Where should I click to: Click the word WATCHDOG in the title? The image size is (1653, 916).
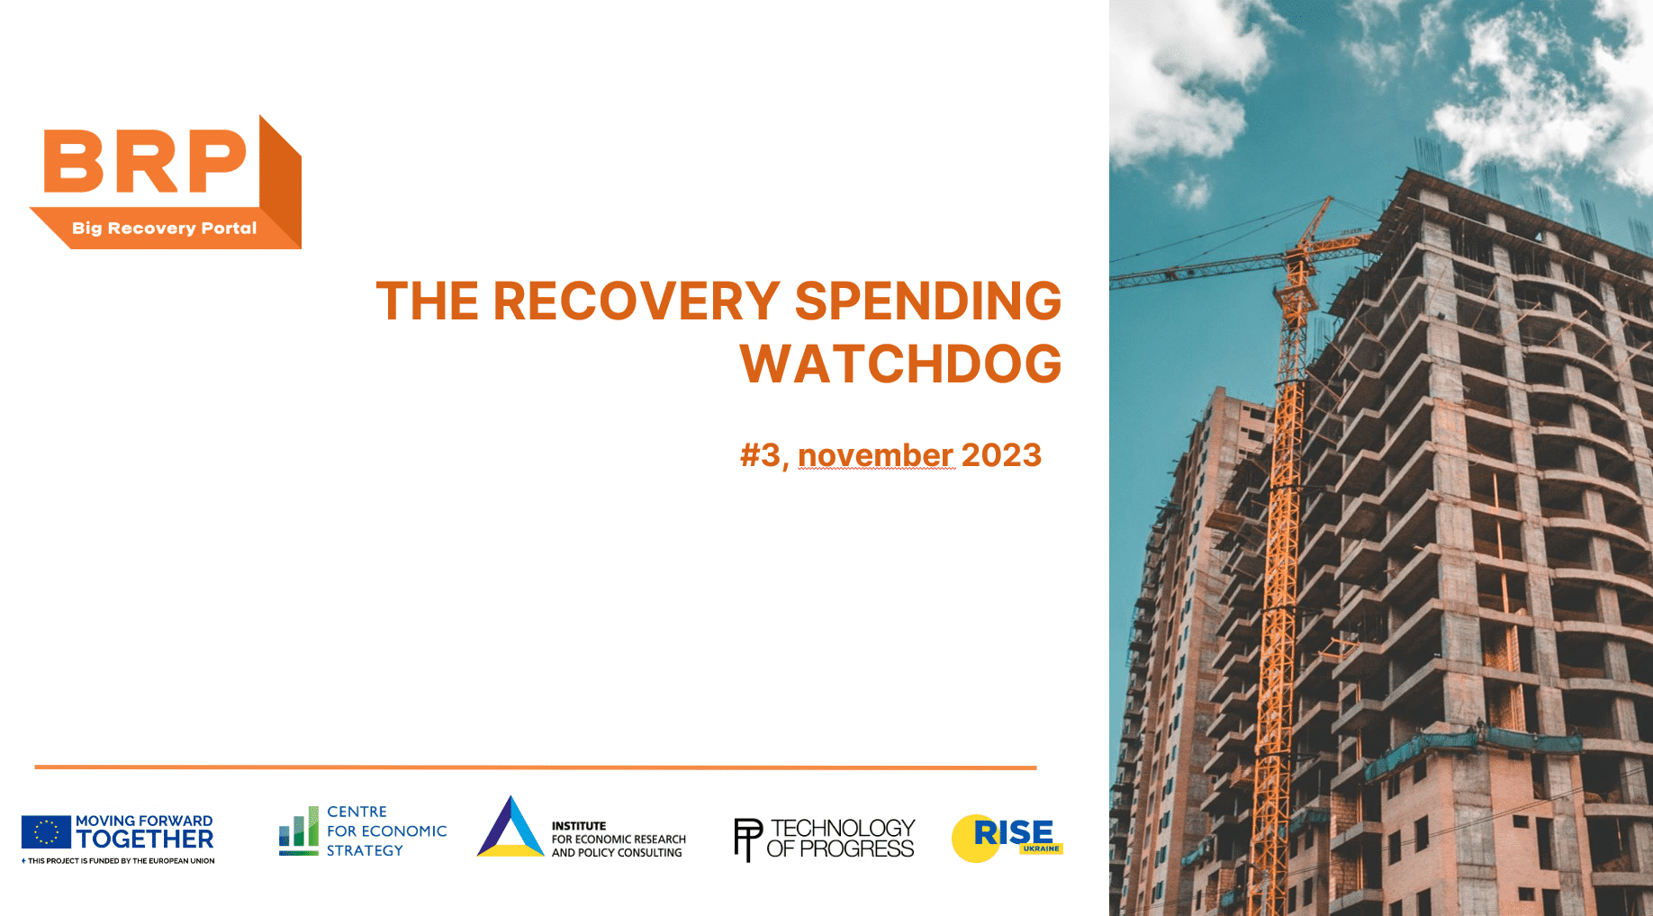coord(900,364)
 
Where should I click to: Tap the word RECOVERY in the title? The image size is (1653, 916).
coord(637,301)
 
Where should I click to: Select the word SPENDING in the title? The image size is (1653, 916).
coord(928,301)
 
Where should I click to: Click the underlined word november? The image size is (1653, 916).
coord(876,455)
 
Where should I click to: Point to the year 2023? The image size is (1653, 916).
coord(1001,455)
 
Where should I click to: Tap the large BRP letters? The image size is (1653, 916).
coord(145,161)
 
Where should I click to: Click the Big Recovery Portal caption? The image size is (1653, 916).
coord(165,228)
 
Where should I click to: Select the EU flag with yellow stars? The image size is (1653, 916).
coord(46,832)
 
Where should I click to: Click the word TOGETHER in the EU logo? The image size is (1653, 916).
coord(145,840)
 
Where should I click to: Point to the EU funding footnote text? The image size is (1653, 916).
coord(118,861)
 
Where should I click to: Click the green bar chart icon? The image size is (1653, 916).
coord(299,831)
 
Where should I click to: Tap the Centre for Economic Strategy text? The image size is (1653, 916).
coord(386,831)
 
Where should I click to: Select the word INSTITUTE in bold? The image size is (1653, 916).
coord(579,826)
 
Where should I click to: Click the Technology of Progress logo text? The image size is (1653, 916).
coord(841,838)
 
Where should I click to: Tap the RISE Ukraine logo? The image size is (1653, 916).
coord(1007,838)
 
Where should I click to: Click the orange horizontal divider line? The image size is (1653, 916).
coord(536,768)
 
